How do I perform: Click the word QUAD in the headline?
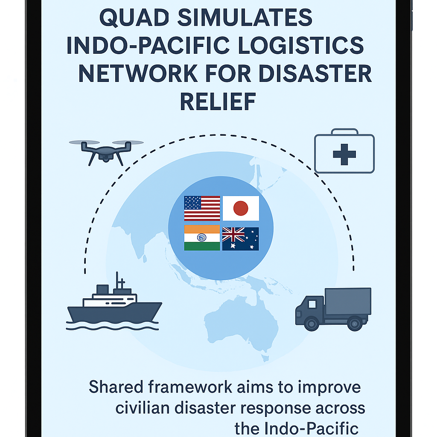click(134, 17)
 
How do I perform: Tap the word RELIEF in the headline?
click(218, 102)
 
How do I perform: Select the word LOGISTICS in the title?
click(301, 45)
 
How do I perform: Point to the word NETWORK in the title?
click(138, 73)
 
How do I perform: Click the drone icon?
click(106, 152)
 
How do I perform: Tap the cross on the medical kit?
click(344, 154)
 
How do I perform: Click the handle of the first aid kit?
click(344, 131)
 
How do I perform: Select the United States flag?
click(202, 208)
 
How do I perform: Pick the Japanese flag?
click(241, 208)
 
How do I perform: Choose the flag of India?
click(202, 238)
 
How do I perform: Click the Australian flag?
click(241, 239)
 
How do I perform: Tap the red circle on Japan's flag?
click(241, 208)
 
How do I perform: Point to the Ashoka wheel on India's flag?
click(201, 237)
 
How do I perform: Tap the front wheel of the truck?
click(312, 324)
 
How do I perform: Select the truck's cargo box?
click(348, 301)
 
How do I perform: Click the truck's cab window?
click(312, 304)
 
